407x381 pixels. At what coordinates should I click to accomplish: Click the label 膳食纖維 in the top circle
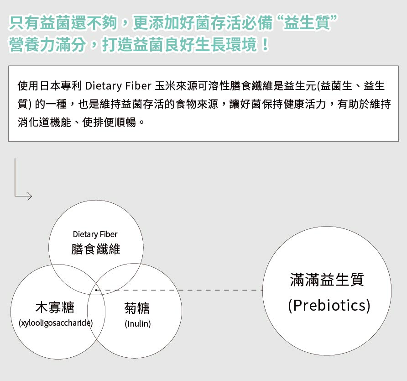pyautogui.click(x=96, y=249)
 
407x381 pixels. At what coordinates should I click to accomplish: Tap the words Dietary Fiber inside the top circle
pyautogui.click(x=95, y=234)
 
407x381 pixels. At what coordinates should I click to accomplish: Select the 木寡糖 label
pyautogui.click(x=55, y=307)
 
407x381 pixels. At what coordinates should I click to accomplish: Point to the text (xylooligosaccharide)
pyautogui.click(x=56, y=323)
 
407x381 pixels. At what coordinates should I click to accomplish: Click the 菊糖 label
pyautogui.click(x=137, y=308)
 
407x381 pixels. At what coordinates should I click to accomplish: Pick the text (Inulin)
pyautogui.click(x=138, y=324)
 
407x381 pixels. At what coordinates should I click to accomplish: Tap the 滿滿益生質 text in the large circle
pyautogui.click(x=327, y=280)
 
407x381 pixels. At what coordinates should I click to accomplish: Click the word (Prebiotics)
pyautogui.click(x=329, y=306)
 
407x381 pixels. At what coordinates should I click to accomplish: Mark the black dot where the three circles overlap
pyautogui.click(x=96, y=290)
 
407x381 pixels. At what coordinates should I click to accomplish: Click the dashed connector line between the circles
pyautogui.click(x=180, y=290)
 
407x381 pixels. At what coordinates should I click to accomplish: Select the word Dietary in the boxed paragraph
pyautogui.click(x=104, y=86)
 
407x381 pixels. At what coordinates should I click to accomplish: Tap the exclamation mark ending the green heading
pyautogui.click(x=265, y=44)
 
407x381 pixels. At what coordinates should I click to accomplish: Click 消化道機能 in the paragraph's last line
pyautogui.click(x=44, y=122)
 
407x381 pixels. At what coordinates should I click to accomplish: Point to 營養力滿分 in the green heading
pyautogui.click(x=47, y=44)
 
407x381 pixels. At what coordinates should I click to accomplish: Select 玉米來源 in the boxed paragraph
pyautogui.click(x=176, y=86)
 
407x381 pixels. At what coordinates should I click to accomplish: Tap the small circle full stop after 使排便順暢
pyautogui.click(x=141, y=123)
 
